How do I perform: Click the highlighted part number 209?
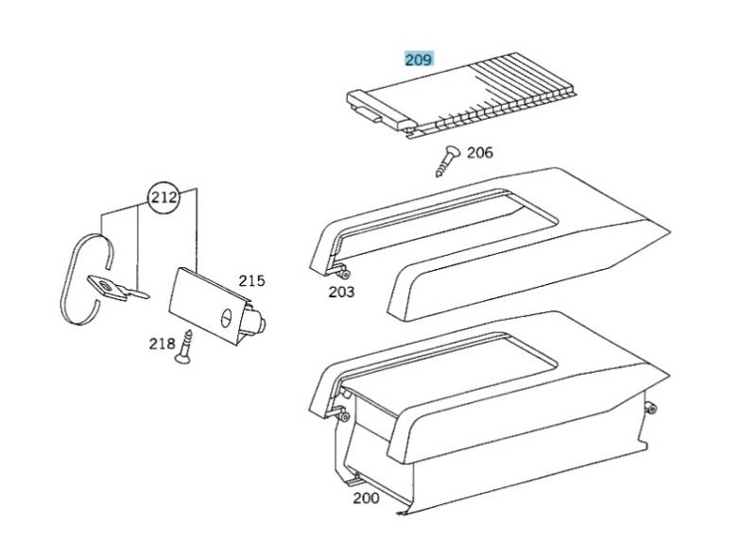click(x=419, y=59)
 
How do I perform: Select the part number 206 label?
click(x=480, y=153)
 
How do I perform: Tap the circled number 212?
click(x=163, y=197)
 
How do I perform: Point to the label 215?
click(x=251, y=280)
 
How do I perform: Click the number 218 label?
click(x=162, y=344)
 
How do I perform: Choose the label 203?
click(x=341, y=292)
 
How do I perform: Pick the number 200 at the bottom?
click(x=366, y=498)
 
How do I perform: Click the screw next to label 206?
click(x=447, y=160)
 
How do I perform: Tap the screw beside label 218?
click(x=183, y=346)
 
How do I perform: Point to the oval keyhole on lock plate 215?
click(x=226, y=318)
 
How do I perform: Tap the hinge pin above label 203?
click(x=344, y=274)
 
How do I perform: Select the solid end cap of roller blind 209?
click(x=379, y=110)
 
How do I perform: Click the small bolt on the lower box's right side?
click(x=651, y=410)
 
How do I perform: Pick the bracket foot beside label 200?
click(x=354, y=479)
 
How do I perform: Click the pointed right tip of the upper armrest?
click(x=669, y=231)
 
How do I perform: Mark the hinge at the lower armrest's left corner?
click(x=341, y=414)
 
